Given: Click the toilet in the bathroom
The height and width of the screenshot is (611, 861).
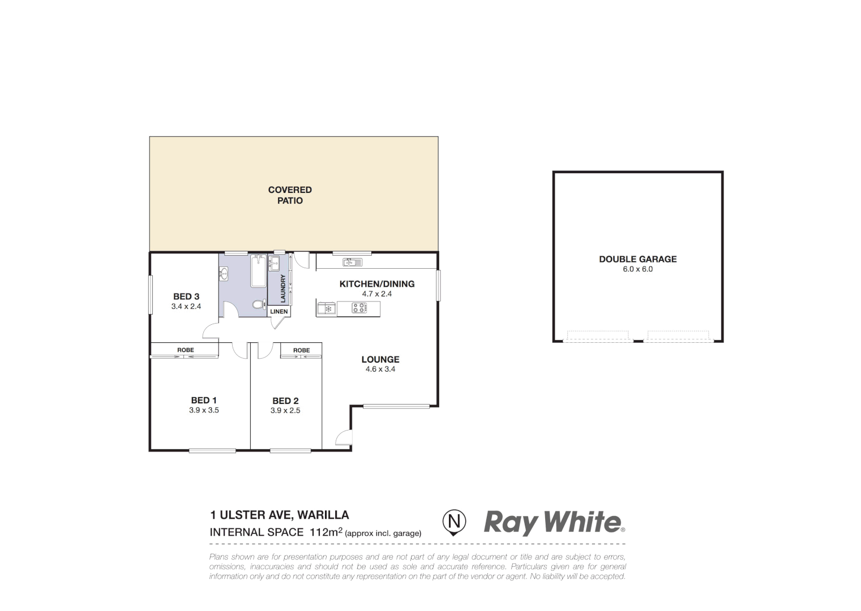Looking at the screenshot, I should [258, 305].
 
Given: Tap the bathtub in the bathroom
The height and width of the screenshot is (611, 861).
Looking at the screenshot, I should [259, 271].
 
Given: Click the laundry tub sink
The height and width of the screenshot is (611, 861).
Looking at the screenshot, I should [274, 263].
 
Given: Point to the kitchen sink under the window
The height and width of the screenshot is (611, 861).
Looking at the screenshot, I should [352, 262].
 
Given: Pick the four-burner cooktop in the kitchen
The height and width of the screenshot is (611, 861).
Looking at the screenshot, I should [359, 308].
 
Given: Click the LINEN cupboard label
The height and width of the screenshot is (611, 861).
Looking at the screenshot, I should [279, 312].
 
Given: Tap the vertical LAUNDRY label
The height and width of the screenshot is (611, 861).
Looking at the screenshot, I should [283, 289].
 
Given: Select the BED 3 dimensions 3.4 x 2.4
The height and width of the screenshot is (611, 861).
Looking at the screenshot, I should [186, 306].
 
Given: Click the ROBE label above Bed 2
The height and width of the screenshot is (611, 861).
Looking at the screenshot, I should [302, 350].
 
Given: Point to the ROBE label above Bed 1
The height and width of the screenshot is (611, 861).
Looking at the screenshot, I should [186, 350].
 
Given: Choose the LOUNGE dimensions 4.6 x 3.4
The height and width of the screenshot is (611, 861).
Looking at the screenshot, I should [380, 369].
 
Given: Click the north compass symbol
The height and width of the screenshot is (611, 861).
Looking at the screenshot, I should [454, 520].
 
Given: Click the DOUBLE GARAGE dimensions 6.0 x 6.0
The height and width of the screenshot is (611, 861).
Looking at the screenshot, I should [638, 269].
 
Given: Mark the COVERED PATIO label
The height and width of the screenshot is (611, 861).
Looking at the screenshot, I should [290, 195].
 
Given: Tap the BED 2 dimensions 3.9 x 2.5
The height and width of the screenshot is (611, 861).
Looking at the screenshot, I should [285, 411].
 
